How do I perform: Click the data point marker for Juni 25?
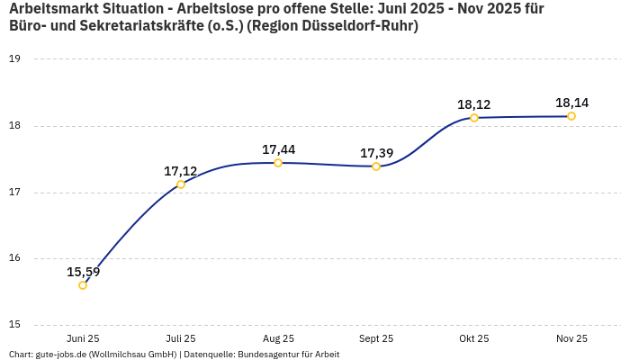coord(83,285)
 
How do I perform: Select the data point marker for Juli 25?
coord(181,184)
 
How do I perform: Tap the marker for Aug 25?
coord(278,163)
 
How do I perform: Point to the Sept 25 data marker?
coord(376,166)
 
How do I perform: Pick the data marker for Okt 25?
coord(474,118)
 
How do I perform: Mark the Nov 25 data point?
coord(571,116)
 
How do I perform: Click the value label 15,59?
coord(84,272)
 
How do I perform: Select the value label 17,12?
coord(181,171)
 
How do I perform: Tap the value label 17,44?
coord(278,149)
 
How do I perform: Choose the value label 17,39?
coord(376,153)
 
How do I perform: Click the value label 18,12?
coord(474,104)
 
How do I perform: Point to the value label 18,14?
coord(571,103)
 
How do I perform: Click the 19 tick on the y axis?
coord(14,59)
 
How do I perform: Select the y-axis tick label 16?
coord(14,259)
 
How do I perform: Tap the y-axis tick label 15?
coord(14,326)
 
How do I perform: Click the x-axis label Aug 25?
coord(278,339)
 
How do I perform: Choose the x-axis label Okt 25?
coord(474,339)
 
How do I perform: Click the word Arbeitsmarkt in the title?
coord(53,9)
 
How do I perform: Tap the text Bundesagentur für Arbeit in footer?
coord(288,355)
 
